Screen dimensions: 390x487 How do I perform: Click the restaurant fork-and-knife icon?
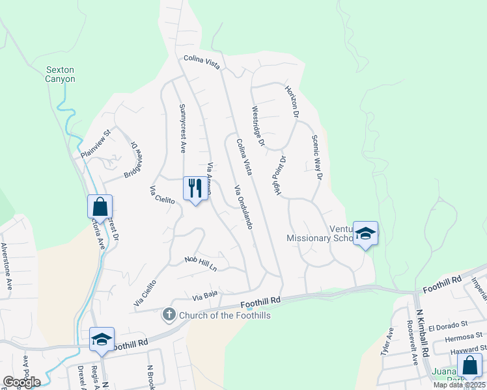point(195,189)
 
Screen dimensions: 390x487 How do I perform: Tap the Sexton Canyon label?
point(61,74)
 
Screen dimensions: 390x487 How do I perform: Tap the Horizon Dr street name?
point(292,101)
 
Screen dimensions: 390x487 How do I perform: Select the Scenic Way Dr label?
point(317,157)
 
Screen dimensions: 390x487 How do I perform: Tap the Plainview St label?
point(96,145)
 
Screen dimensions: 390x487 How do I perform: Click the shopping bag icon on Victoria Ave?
point(100,207)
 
